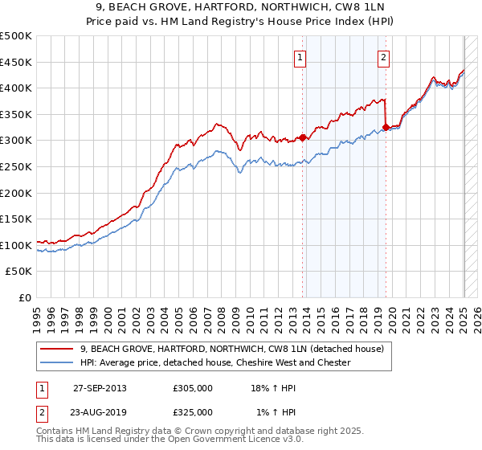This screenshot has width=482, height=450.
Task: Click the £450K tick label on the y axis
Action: [16, 62]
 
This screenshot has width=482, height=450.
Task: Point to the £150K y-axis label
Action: [16, 219]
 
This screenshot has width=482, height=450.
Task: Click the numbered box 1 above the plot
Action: [299, 57]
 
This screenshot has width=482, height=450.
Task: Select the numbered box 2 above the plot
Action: [384, 57]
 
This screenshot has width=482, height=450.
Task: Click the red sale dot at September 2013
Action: [303, 137]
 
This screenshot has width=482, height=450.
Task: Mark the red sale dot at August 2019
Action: [386, 127]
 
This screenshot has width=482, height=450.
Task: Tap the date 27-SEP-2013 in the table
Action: [100, 388]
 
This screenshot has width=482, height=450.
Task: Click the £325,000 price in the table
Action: [193, 412]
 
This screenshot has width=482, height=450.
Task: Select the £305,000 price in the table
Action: [193, 388]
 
